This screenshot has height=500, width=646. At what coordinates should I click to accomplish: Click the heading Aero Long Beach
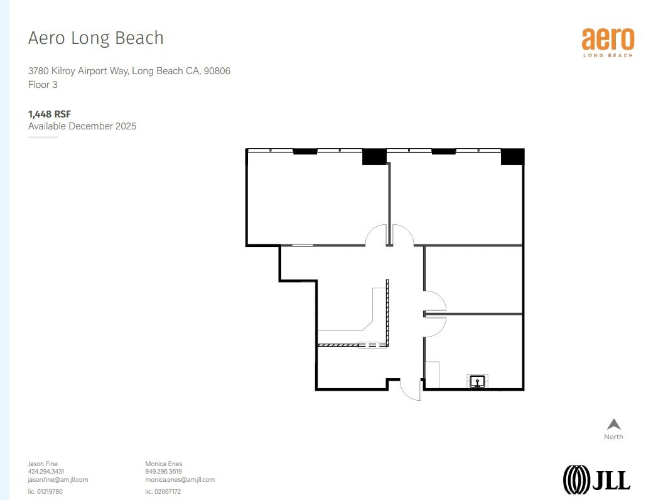[x=95, y=38]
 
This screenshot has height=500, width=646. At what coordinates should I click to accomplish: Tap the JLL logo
[x=596, y=479]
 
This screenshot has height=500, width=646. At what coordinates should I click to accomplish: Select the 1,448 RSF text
[x=50, y=114]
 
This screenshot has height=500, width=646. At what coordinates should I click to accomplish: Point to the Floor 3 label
[x=43, y=84]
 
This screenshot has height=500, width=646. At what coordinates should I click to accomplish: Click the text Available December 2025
[x=82, y=126]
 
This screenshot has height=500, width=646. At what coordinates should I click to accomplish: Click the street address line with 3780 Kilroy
[x=129, y=71]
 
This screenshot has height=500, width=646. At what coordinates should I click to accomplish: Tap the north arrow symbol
[x=613, y=425]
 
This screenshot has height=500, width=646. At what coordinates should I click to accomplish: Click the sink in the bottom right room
[x=478, y=381]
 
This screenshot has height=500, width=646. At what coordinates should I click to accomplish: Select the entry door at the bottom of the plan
[x=411, y=389]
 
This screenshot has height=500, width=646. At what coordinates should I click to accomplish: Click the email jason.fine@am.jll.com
[x=58, y=479]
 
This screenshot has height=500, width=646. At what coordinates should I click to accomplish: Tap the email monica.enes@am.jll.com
[x=180, y=479]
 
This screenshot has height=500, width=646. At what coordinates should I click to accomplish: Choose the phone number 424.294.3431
[x=46, y=472]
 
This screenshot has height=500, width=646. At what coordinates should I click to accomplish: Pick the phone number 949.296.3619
[x=163, y=472]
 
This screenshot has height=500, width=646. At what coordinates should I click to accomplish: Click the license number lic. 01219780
[x=45, y=491]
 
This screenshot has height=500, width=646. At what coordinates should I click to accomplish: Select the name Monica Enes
[x=163, y=464]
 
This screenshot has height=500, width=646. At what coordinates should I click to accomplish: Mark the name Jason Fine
[x=43, y=464]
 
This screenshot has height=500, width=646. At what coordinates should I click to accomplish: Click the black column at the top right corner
[x=512, y=157]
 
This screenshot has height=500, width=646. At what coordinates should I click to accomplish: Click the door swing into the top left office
[x=377, y=236]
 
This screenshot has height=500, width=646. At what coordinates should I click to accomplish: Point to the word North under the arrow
[x=613, y=437]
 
